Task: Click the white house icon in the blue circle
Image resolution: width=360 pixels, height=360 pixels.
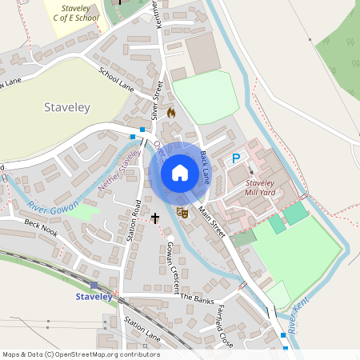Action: (x=180, y=172)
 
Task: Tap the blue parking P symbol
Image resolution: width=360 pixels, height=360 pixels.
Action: (x=236, y=159)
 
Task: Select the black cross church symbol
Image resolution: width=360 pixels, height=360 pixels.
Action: (x=154, y=217)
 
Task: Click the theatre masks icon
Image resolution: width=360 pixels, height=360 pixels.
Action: (x=183, y=213)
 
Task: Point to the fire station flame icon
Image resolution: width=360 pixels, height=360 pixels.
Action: (x=170, y=113)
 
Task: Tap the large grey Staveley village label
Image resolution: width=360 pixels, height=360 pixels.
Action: (x=66, y=106)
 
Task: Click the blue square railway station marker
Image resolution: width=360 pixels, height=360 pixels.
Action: (x=94, y=285)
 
